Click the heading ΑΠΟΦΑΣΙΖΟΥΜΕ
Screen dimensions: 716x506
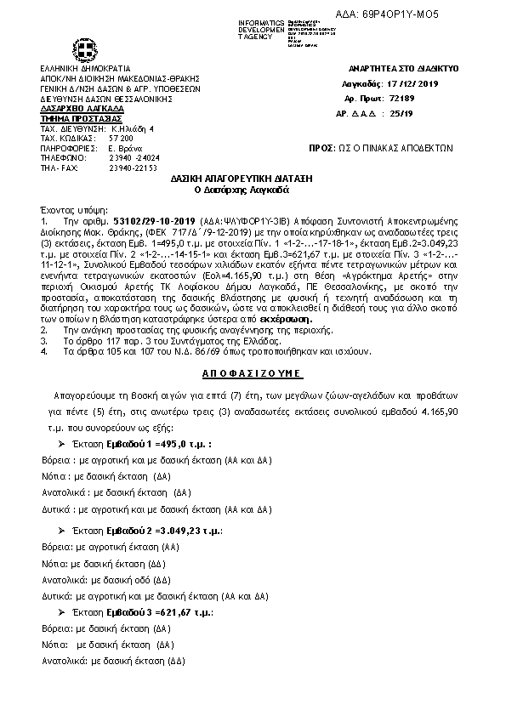coord(253,374)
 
